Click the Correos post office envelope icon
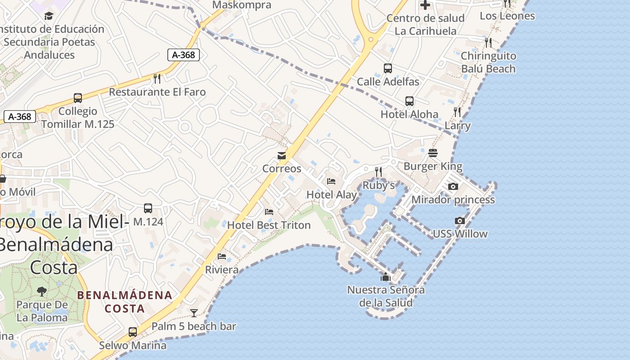click(x=282, y=156)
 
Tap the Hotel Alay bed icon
click(x=331, y=181)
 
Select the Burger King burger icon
click(x=433, y=153)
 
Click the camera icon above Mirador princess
click(x=453, y=186)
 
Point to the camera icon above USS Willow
click(x=459, y=220)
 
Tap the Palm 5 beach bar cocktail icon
click(x=194, y=313)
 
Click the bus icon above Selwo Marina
click(x=133, y=332)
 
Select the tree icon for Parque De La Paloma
click(x=42, y=291)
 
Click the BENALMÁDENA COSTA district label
click(x=125, y=302)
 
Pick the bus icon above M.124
click(x=148, y=208)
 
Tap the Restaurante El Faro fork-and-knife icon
click(x=157, y=79)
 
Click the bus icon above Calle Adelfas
click(x=388, y=68)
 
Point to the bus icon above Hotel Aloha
click(x=409, y=101)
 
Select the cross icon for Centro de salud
click(x=425, y=5)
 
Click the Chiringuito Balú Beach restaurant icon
click(x=488, y=43)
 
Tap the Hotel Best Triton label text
click(x=269, y=225)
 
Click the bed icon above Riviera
click(x=222, y=256)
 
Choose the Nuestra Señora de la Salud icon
click(x=385, y=277)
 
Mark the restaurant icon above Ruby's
click(x=378, y=172)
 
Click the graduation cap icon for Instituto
click(x=49, y=16)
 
